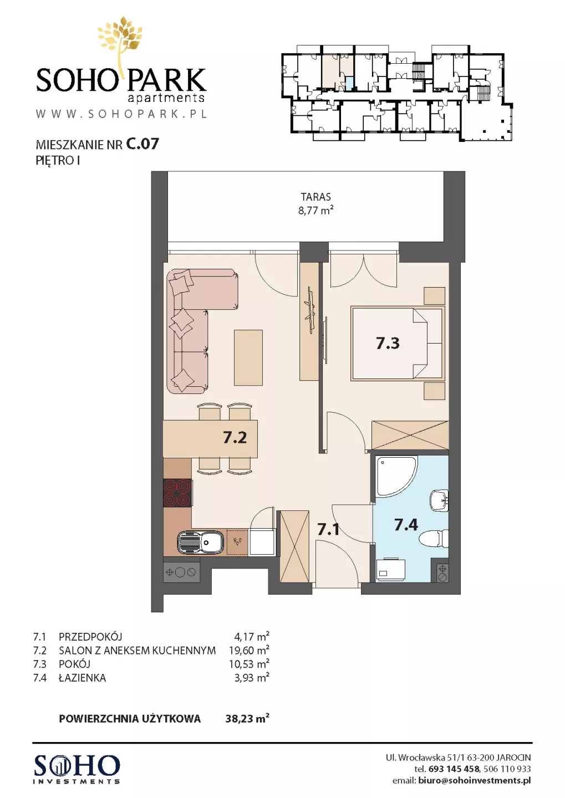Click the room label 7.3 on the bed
(x=388, y=343)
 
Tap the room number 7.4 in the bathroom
(x=406, y=525)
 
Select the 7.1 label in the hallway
(x=328, y=530)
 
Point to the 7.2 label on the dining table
(x=235, y=437)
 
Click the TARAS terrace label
(x=316, y=197)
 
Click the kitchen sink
(x=200, y=543)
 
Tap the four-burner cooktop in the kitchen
(x=178, y=493)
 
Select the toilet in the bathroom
(x=434, y=539)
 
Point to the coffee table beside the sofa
(x=248, y=357)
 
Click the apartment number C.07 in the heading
(x=142, y=144)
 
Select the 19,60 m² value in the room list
(x=249, y=651)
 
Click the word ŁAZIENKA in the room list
(x=83, y=677)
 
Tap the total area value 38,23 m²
(x=247, y=719)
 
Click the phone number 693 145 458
(x=454, y=769)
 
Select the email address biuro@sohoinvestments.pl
(x=475, y=780)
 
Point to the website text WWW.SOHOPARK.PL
(x=121, y=114)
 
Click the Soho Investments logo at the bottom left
(x=77, y=769)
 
